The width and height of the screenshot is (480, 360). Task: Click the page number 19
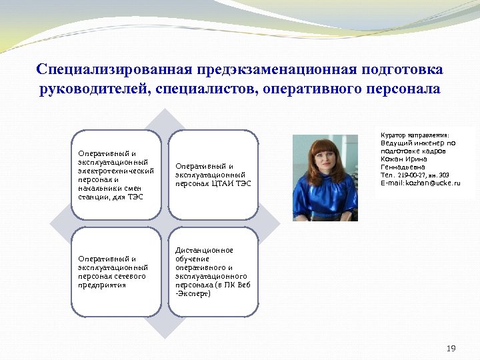coord(451,349)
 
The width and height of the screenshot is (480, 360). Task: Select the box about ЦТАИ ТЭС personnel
coord(213,175)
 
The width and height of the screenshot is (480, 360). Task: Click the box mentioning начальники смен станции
coord(116,175)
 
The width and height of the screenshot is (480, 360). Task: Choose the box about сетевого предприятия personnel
coord(116,271)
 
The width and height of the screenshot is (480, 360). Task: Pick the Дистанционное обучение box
coord(213,271)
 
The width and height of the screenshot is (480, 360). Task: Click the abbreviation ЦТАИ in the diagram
coord(223,183)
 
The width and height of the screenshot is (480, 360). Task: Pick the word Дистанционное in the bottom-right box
coord(204,250)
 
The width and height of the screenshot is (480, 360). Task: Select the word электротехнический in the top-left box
coord(116,171)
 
